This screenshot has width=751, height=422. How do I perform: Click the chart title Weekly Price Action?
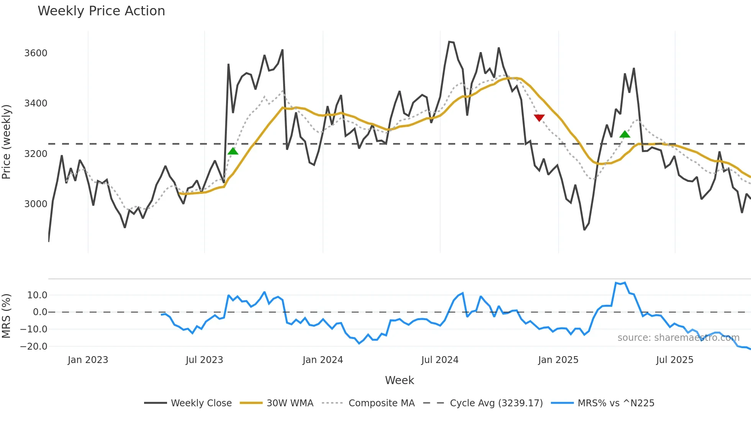(101, 11)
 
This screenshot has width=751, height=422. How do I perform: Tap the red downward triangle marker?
(539, 118)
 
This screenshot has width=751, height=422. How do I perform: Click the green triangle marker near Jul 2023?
(233, 151)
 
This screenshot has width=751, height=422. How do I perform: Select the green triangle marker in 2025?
(625, 134)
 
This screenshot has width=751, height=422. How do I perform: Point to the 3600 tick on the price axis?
(36, 53)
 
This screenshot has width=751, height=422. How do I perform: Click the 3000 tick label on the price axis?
(36, 204)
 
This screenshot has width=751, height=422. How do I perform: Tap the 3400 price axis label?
(36, 103)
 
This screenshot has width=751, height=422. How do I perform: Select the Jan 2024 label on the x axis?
(323, 360)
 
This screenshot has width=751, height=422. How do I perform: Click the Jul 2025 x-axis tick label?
(674, 360)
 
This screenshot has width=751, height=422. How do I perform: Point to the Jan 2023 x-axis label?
(88, 360)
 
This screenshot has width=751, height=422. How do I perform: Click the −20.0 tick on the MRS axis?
(34, 346)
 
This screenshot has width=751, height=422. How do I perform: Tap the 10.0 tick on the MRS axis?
(37, 295)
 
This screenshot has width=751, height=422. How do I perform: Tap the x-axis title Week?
(399, 380)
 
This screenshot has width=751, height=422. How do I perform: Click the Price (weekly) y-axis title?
(6, 142)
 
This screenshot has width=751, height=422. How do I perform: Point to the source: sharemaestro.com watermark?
(678, 338)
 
